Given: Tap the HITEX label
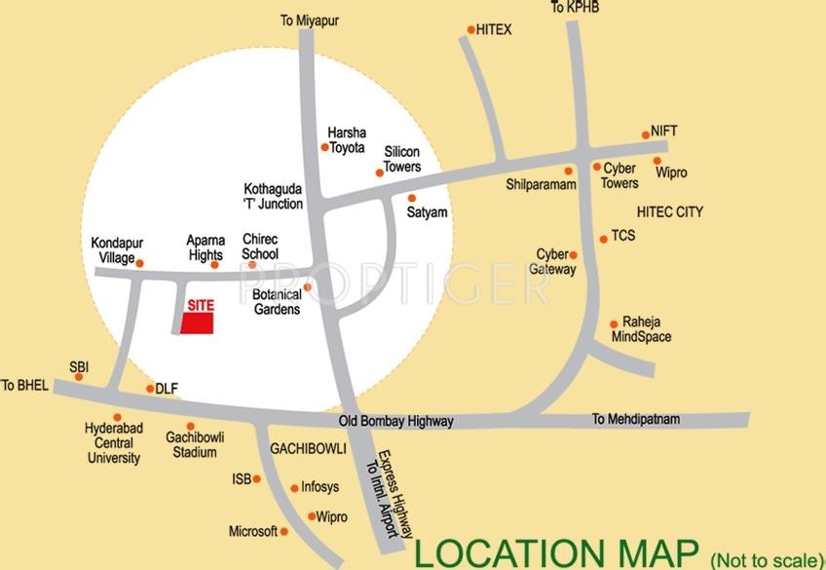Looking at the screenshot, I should (494, 30).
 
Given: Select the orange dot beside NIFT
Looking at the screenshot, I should (645, 135).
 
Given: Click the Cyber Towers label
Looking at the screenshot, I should (620, 175).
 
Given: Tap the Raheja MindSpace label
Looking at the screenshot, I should (641, 330).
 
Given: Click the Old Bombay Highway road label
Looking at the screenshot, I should (395, 422).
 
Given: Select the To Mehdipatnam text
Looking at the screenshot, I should (636, 419).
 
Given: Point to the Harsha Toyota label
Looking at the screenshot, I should (346, 140).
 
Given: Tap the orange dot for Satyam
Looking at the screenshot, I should (411, 198).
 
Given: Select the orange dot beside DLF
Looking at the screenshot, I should (149, 389).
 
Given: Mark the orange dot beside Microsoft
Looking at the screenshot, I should (284, 531).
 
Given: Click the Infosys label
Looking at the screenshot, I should (320, 488).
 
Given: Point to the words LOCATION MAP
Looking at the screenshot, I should (557, 552).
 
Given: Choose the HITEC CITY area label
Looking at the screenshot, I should (669, 211).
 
